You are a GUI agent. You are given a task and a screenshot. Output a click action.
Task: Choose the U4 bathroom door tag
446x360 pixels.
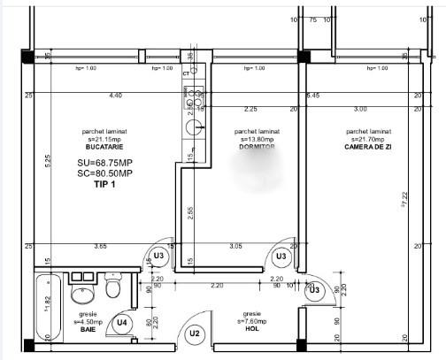tap(124, 324)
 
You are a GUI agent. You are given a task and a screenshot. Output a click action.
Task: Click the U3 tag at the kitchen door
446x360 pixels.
tap(159, 256)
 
